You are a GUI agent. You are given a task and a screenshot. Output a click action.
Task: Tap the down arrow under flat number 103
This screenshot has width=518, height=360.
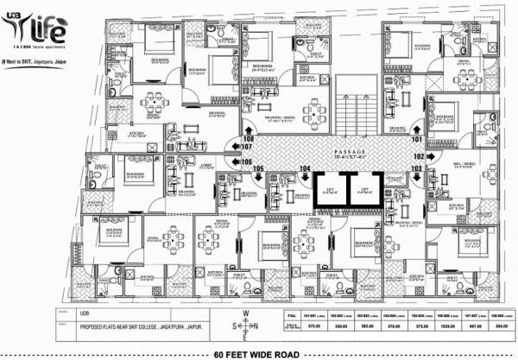pyautogui.click(x=417, y=179)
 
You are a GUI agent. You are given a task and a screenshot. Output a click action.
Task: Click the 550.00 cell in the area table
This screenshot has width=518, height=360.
pyautogui.click(x=338, y=327)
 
